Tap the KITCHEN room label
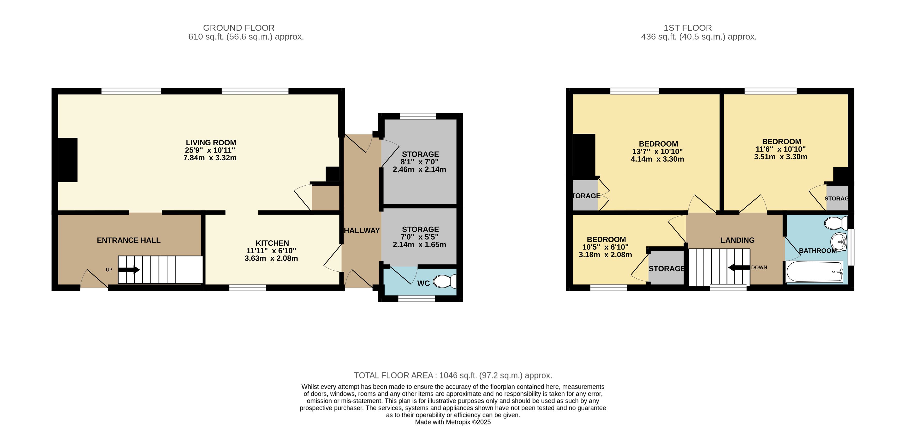tap(272, 243)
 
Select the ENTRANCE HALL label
tap(129, 240)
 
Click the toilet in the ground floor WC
tap(445, 282)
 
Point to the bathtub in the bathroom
tap(815, 272)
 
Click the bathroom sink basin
tap(839, 242)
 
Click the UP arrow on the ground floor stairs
tap(129, 270)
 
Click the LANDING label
tap(738, 240)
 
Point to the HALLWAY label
tap(362, 230)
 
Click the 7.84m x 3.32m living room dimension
tap(210, 158)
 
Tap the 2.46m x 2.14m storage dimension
tap(419, 170)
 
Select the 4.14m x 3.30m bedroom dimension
tap(657, 159)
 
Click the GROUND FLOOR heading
tap(239, 28)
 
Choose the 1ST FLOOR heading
tap(688, 28)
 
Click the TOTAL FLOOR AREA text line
tap(453, 375)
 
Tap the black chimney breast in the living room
tap(67, 160)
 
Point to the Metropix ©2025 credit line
tap(453, 422)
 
